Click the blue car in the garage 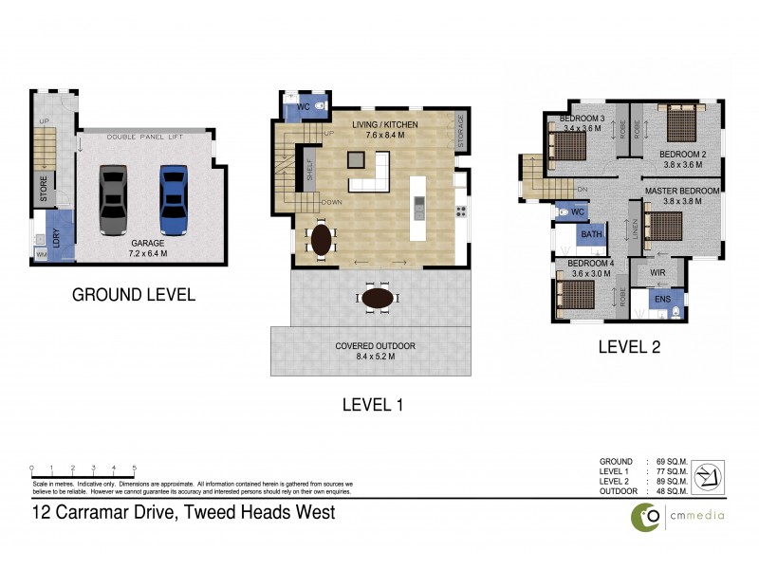pos(173,199)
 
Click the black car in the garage pos(113,199)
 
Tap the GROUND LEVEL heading pos(134,295)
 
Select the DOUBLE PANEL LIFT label pos(144,138)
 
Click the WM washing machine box pos(41,255)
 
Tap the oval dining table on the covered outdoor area pos(378,298)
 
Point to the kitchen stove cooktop pos(462,212)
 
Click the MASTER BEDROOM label pos(682,191)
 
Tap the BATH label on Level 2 pos(593,234)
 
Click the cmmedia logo pos(676,517)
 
